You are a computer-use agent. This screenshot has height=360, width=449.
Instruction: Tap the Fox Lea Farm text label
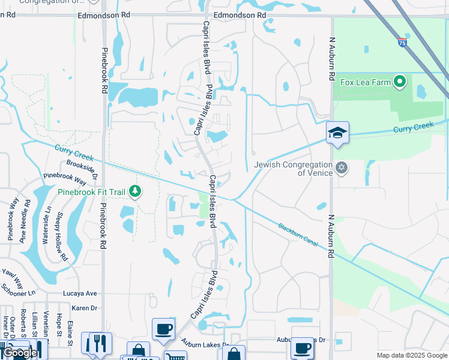[x=366, y=82]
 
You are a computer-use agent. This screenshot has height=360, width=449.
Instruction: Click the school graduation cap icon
[x=337, y=133]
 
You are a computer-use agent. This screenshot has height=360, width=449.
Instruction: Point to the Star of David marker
[x=342, y=167]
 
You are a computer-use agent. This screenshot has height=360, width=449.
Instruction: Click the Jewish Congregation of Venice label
[x=294, y=169]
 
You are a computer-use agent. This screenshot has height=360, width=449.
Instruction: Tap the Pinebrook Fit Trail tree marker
[x=136, y=191]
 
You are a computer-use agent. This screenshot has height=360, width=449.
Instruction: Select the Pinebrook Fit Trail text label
[x=91, y=192]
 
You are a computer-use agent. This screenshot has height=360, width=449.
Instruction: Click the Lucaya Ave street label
[x=80, y=293]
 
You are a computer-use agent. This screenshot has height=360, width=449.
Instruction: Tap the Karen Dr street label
[x=84, y=308]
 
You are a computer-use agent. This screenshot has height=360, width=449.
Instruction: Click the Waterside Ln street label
[x=45, y=225]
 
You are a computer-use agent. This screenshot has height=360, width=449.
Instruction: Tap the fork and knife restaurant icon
[x=100, y=343]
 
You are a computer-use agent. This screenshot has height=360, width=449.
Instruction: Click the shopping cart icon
[x=175, y=356]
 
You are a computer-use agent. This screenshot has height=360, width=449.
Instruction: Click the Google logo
[x=20, y=353]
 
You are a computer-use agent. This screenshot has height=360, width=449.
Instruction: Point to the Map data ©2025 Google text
[x=411, y=355]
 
